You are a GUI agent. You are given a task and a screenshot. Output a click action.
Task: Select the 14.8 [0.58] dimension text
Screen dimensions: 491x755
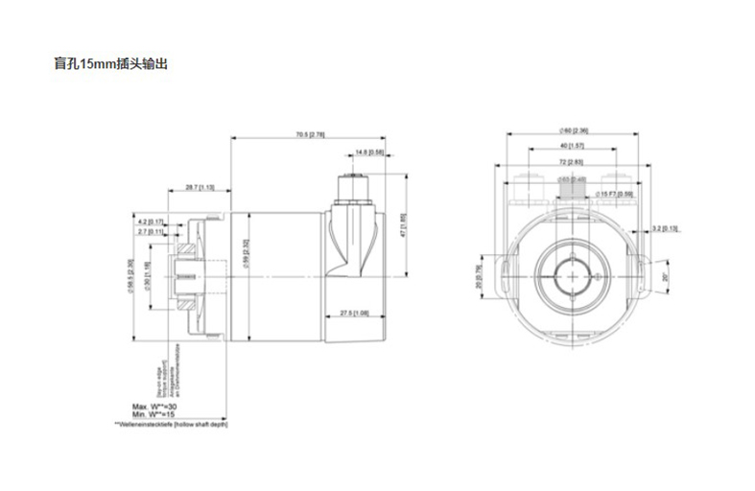[369, 152]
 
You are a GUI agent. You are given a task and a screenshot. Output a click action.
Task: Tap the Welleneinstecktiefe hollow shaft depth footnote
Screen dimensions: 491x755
[171, 423]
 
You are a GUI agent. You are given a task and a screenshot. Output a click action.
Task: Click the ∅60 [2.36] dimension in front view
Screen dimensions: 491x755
[573, 130]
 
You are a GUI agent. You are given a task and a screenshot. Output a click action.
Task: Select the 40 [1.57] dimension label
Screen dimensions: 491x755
[573, 146]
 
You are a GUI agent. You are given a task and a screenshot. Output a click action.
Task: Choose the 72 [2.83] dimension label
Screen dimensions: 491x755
[573, 163]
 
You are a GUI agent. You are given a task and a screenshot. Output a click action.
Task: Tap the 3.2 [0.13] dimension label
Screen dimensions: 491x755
[665, 228]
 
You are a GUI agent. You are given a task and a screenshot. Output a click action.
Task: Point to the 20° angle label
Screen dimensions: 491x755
[664, 277]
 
